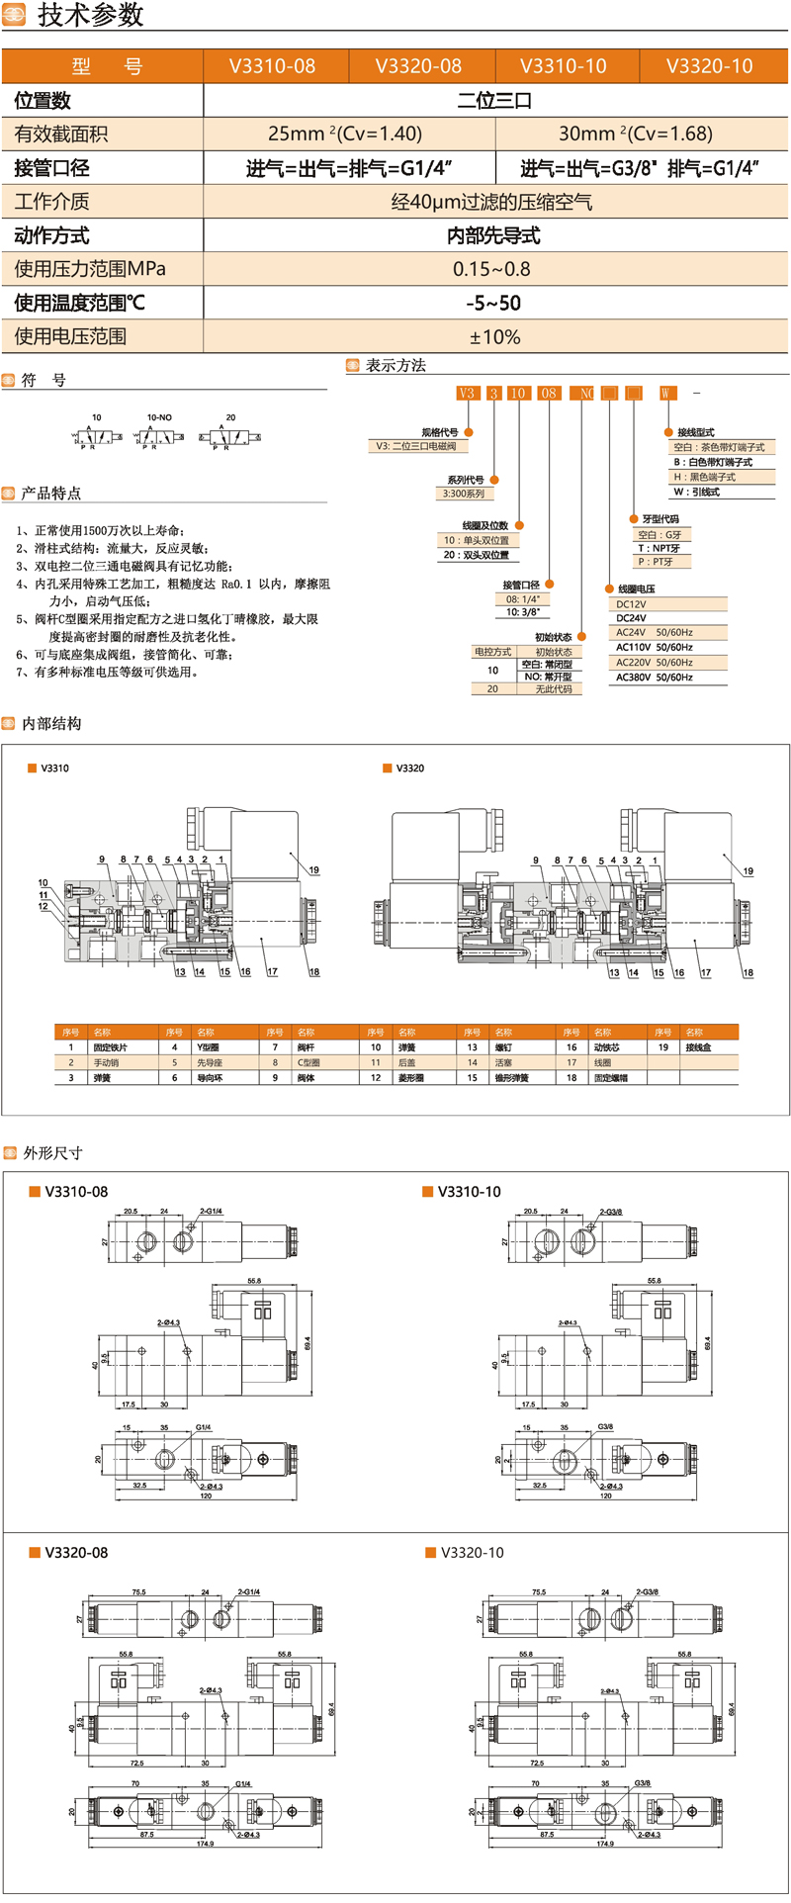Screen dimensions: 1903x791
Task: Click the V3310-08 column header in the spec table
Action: (273, 66)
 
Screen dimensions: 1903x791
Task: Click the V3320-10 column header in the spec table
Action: (709, 66)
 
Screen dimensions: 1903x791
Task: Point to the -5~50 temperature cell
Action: (493, 303)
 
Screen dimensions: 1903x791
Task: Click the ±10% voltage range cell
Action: (494, 336)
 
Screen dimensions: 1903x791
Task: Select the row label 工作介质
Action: (52, 202)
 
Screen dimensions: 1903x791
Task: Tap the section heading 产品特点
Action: (51, 493)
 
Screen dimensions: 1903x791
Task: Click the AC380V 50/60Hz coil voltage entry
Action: (655, 678)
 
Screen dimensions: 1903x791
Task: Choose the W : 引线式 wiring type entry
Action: (697, 492)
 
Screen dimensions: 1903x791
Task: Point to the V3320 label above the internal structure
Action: (409, 768)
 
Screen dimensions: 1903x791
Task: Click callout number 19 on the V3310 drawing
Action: (314, 870)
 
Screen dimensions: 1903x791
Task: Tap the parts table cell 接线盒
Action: (698, 1046)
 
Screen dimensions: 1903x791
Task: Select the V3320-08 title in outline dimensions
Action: (76, 1553)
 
